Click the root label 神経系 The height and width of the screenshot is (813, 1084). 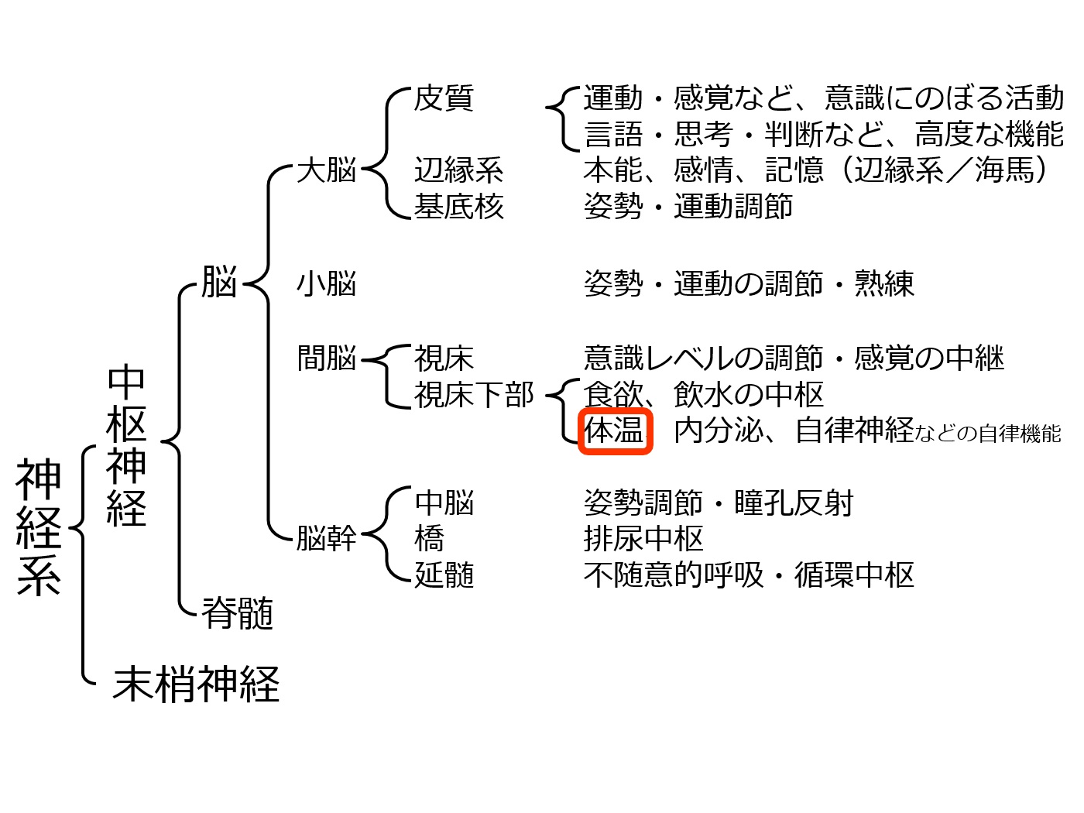tap(39, 527)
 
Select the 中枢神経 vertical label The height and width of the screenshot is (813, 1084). tap(126, 444)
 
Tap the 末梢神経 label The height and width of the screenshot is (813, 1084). tap(196, 684)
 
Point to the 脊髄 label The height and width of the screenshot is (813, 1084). tap(238, 612)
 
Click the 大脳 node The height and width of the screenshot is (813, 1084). tap(327, 170)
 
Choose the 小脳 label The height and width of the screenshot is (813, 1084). tap(327, 283)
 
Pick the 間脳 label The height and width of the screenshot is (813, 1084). tap(327, 358)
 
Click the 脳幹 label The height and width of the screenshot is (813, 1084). tap(327, 537)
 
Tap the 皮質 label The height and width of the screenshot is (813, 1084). tap(444, 98)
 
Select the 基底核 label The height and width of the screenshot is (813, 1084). tap(459, 206)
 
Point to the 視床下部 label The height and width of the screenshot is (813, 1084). tap(474, 394)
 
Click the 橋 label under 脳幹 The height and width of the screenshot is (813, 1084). tap(429, 537)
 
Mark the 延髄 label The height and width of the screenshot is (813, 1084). tap(444, 574)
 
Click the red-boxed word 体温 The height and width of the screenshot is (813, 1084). tap(614, 430)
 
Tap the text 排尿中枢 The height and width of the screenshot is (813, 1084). tap(643, 537)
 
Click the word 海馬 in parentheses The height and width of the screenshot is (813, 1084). tap(1004, 170)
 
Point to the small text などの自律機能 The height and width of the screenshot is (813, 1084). tap(988, 434)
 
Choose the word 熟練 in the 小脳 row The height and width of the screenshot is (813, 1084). tap(884, 283)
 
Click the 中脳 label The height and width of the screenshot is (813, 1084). tap(444, 503)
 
